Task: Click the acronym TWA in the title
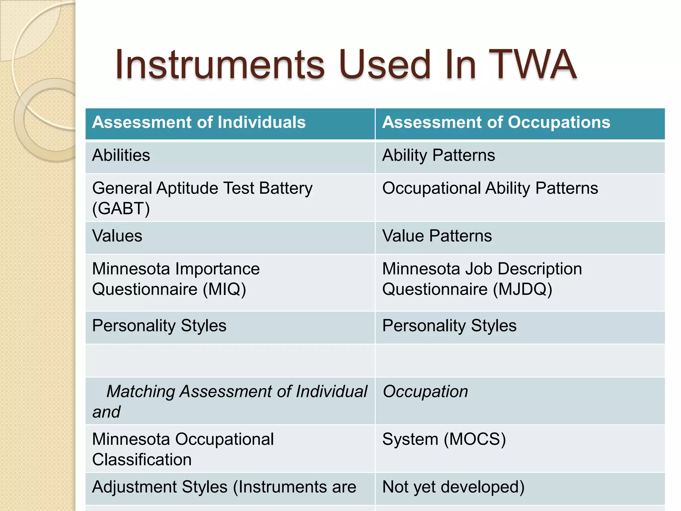(532, 65)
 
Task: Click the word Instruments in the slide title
(219, 65)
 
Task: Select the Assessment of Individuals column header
(199, 122)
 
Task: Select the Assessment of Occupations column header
(496, 122)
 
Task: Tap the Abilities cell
(121, 155)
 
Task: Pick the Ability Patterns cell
(439, 155)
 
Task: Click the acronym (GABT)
(121, 209)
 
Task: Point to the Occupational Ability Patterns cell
(490, 188)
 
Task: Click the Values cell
(117, 236)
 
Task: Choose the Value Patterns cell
(437, 236)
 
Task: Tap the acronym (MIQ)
(224, 289)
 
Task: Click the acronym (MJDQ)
(522, 289)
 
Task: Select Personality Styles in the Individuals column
(159, 326)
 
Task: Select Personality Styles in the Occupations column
(449, 326)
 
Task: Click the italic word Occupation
(425, 392)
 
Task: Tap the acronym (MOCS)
(475, 439)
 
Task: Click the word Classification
(142, 460)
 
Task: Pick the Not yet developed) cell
(453, 487)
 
